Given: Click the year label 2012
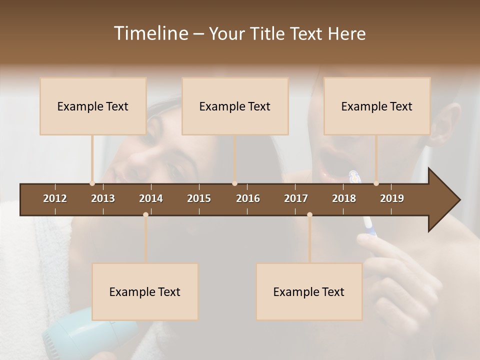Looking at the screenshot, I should pyautogui.click(x=55, y=198).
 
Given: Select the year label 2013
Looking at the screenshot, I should pyautogui.click(x=103, y=198).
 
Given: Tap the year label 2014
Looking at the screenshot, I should pyautogui.click(x=151, y=198).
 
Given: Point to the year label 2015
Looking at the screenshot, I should pyautogui.click(x=199, y=198).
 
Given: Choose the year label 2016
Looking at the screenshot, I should pyautogui.click(x=248, y=198).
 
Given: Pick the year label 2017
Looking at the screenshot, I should pyautogui.click(x=296, y=198).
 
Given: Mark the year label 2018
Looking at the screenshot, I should pyautogui.click(x=344, y=198).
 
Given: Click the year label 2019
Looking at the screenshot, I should pyautogui.click(x=392, y=198).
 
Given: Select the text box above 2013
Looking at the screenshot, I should pyautogui.click(x=93, y=106).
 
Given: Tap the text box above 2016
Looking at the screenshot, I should pyautogui.click(x=235, y=106).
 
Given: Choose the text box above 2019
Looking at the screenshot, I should pyautogui.click(x=377, y=106).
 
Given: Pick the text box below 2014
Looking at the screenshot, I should pyautogui.click(x=145, y=291).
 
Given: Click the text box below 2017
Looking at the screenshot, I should pyautogui.click(x=309, y=291).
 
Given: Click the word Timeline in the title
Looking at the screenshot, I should pyautogui.click(x=150, y=33).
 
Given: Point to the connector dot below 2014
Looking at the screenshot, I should pyautogui.click(x=145, y=214).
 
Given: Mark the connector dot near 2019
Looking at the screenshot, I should pyautogui.click(x=376, y=183).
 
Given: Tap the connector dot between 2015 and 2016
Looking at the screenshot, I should pyautogui.click(x=234, y=183).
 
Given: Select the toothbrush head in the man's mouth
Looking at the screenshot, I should pyautogui.click(x=353, y=175).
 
